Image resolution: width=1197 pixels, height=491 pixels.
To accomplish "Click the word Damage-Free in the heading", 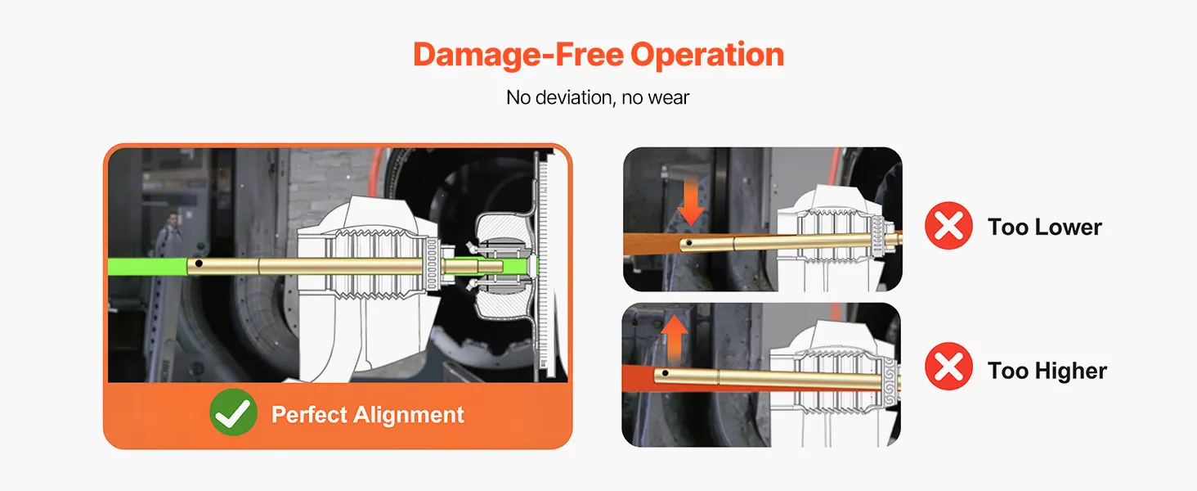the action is (x=518, y=55).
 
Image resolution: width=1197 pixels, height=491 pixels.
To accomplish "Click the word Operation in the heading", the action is (x=707, y=55).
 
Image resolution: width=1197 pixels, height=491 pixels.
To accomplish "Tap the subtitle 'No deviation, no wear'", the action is (x=598, y=97).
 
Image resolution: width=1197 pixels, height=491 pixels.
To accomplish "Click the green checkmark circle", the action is (x=233, y=412).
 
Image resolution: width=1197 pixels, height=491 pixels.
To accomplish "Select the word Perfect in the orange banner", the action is (x=309, y=415).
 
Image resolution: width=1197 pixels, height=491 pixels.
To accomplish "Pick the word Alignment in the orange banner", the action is (x=409, y=415).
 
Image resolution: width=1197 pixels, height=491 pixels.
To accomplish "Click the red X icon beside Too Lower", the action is (x=948, y=225).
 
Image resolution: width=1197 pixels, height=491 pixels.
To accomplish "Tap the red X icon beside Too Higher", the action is (x=948, y=366).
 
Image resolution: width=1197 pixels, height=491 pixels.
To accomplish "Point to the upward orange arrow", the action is (x=675, y=339).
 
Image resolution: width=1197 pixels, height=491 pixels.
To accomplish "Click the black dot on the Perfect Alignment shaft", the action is (x=199, y=264).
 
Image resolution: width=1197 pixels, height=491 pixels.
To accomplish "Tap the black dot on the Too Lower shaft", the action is (x=689, y=243).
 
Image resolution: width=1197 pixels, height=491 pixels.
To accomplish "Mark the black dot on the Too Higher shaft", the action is (x=665, y=373).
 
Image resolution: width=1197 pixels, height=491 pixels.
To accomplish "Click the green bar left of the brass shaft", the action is (x=147, y=266).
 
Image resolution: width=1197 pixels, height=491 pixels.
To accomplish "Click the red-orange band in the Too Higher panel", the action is (x=639, y=377).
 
